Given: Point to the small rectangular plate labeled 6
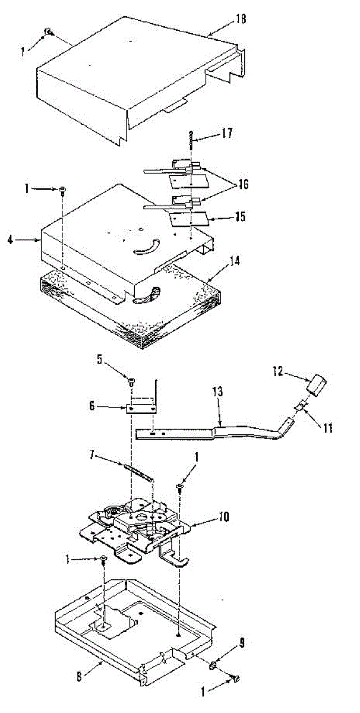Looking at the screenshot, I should [143, 409].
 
